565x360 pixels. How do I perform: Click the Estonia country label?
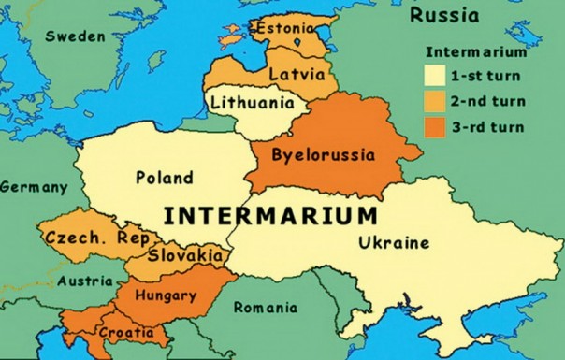click(287, 27)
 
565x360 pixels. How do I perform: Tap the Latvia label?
click(297, 73)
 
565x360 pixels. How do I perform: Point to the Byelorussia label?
click(323, 154)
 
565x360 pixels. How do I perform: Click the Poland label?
click(165, 178)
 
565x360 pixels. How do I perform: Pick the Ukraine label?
click(392, 244)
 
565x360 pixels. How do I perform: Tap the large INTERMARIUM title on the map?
click(270, 216)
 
